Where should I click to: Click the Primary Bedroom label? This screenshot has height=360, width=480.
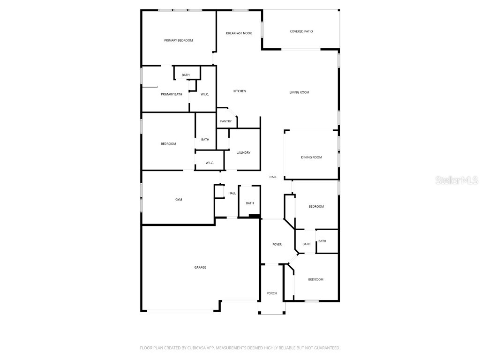click(x=179, y=40)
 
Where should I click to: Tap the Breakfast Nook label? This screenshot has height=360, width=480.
click(x=239, y=33)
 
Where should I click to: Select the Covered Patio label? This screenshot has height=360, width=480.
click(x=301, y=31)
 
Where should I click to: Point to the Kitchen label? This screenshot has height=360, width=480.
click(x=240, y=91)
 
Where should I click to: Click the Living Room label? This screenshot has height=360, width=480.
click(x=300, y=92)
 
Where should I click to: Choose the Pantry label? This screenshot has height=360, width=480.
click(x=226, y=121)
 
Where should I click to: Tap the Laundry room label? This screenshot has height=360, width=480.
click(x=243, y=152)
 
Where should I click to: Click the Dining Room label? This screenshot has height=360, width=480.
click(x=311, y=157)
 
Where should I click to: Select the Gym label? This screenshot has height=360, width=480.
click(x=179, y=199)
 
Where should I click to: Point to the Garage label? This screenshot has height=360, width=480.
click(x=200, y=267)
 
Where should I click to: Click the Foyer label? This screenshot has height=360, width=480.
click(x=277, y=244)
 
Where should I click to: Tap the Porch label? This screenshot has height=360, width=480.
click(x=271, y=293)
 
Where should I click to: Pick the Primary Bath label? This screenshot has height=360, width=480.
click(x=172, y=94)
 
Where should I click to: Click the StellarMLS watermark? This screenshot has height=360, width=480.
click(x=457, y=180)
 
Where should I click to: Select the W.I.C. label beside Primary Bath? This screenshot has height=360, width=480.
click(x=205, y=94)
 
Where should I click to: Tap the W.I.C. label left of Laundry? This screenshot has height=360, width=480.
click(x=210, y=163)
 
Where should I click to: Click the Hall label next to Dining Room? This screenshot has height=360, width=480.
click(x=273, y=177)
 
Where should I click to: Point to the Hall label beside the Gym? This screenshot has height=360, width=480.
click(x=232, y=193)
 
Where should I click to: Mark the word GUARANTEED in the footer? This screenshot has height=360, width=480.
click(x=329, y=348)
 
